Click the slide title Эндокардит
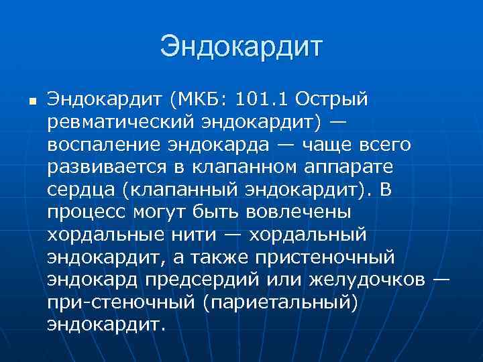point(241,47)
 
